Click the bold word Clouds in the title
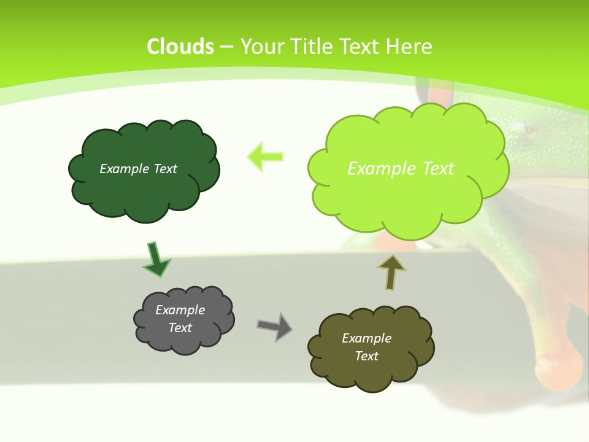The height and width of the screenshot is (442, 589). (x=180, y=47)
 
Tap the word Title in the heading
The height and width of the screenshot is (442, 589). (x=310, y=47)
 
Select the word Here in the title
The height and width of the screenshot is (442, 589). (x=410, y=47)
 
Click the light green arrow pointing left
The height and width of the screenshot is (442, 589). (x=266, y=157)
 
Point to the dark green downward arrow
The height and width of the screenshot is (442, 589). (x=156, y=260)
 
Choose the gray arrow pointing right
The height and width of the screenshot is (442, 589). (x=275, y=326)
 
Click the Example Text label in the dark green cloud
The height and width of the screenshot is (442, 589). (x=138, y=169)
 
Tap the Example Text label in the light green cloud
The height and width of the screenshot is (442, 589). (x=401, y=168)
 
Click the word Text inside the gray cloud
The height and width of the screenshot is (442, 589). (x=180, y=328)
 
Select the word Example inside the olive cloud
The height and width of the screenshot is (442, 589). (x=366, y=338)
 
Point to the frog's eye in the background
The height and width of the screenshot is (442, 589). (x=528, y=130)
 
